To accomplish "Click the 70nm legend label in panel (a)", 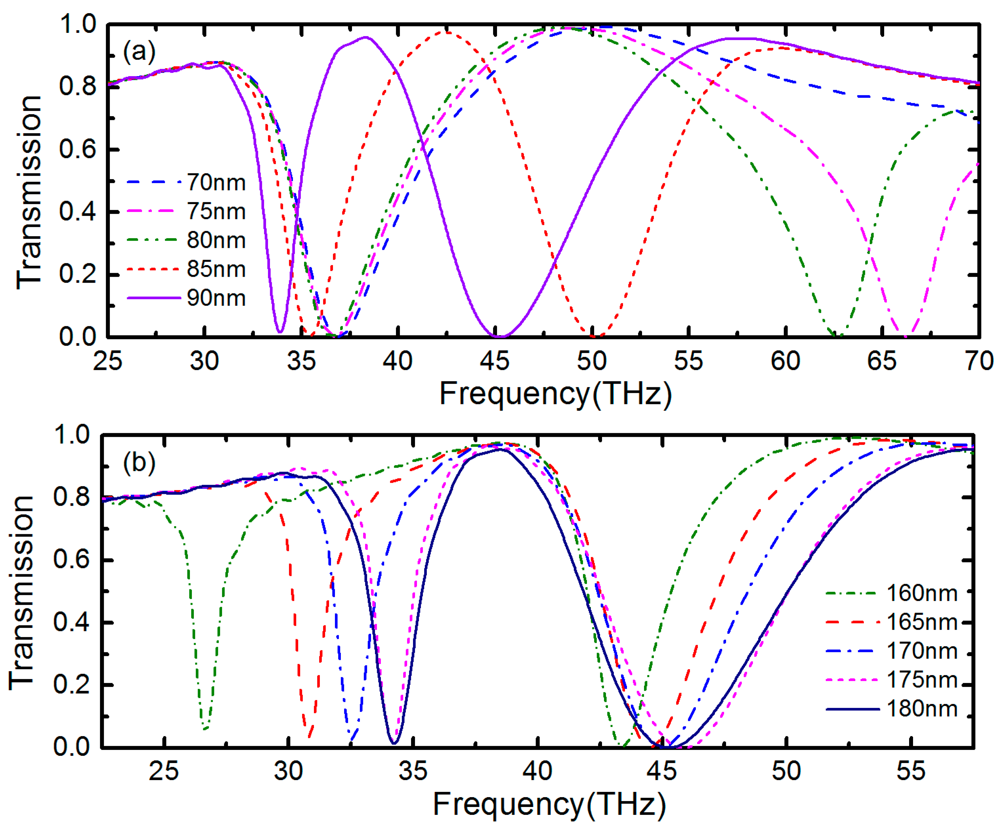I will (x=216, y=183).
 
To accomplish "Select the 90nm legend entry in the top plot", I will (x=216, y=298).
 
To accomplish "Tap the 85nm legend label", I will (x=216, y=269).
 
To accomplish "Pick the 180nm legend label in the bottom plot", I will (x=922, y=709).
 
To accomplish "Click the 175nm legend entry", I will (x=922, y=680).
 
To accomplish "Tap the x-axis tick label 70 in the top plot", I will (x=979, y=361).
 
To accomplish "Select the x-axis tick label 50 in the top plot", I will (x=592, y=361).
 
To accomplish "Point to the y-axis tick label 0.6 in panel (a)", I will (x=77, y=150).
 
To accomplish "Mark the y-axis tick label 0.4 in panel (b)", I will (x=72, y=622).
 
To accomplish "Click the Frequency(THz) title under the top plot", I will (x=555, y=394).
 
